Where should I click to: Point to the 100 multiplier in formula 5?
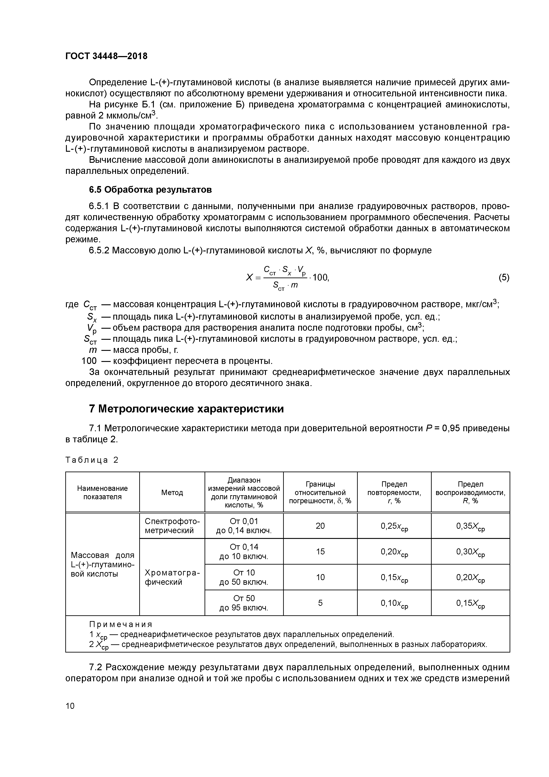click(x=320, y=278)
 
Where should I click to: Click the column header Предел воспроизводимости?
click(x=470, y=492)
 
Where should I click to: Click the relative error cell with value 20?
click(x=320, y=526)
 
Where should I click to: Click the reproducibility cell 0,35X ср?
click(x=470, y=526)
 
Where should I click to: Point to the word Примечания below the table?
click(x=121, y=624)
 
